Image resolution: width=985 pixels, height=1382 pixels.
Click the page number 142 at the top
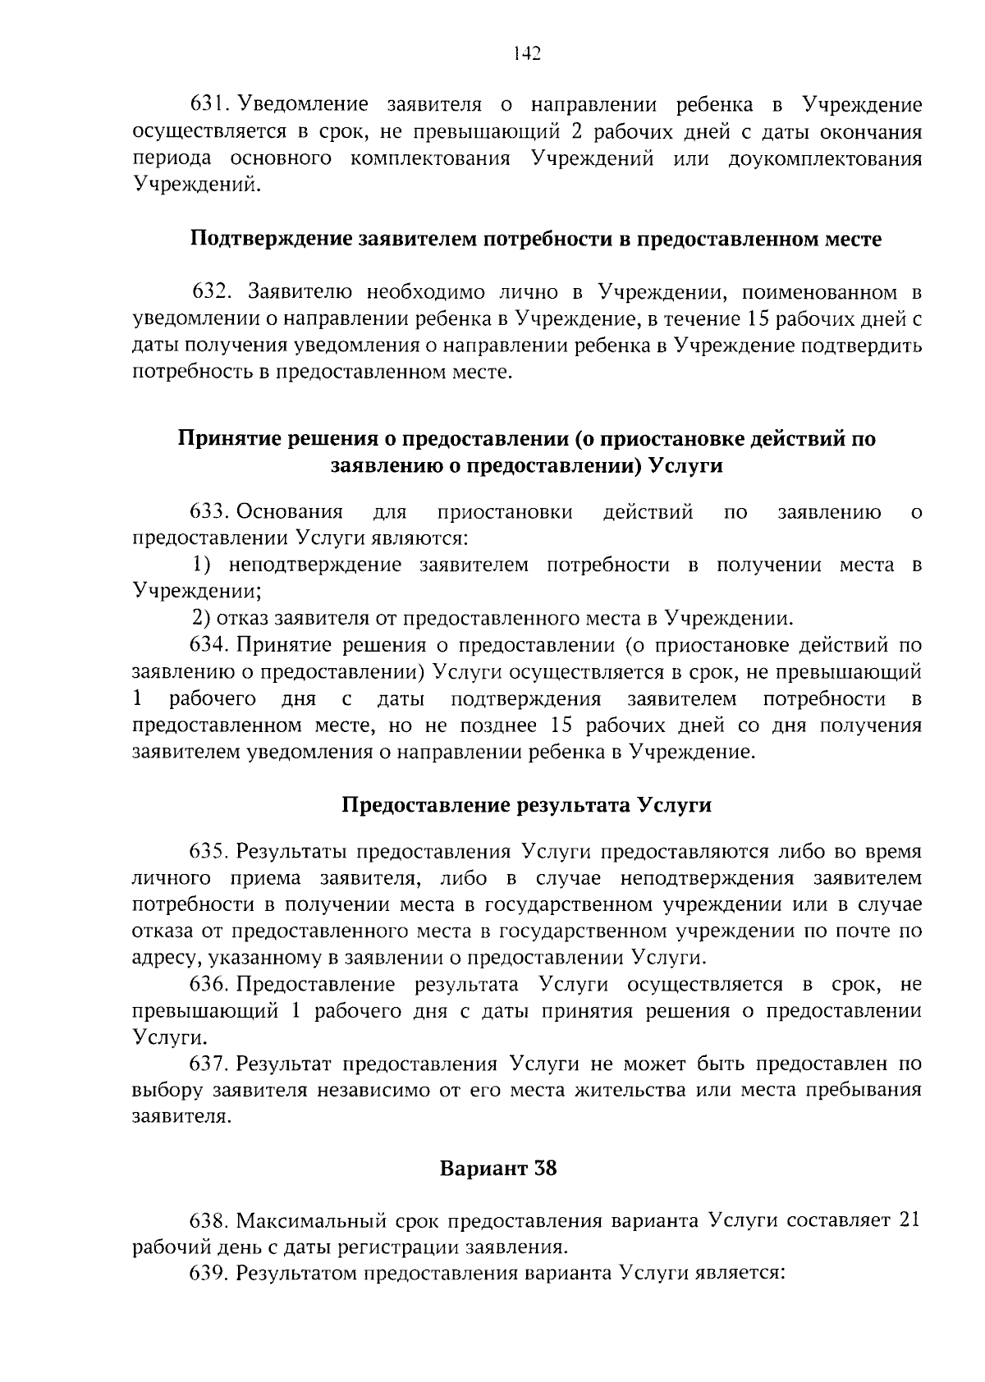click(526, 54)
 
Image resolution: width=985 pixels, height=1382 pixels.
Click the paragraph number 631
click(209, 105)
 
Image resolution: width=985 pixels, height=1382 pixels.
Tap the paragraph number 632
click(213, 292)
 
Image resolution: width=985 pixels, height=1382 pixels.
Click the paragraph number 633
click(209, 513)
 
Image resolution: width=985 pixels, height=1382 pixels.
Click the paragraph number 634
click(209, 645)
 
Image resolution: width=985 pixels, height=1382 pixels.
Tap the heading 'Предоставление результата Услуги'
click(526, 805)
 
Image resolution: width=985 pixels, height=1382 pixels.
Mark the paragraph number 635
click(209, 851)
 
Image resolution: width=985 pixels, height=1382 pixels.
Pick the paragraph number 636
click(209, 984)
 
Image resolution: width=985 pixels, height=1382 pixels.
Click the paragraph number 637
click(209, 1064)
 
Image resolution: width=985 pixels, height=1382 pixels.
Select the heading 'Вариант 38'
click(498, 1168)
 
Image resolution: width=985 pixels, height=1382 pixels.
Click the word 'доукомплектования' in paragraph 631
click(825, 158)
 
